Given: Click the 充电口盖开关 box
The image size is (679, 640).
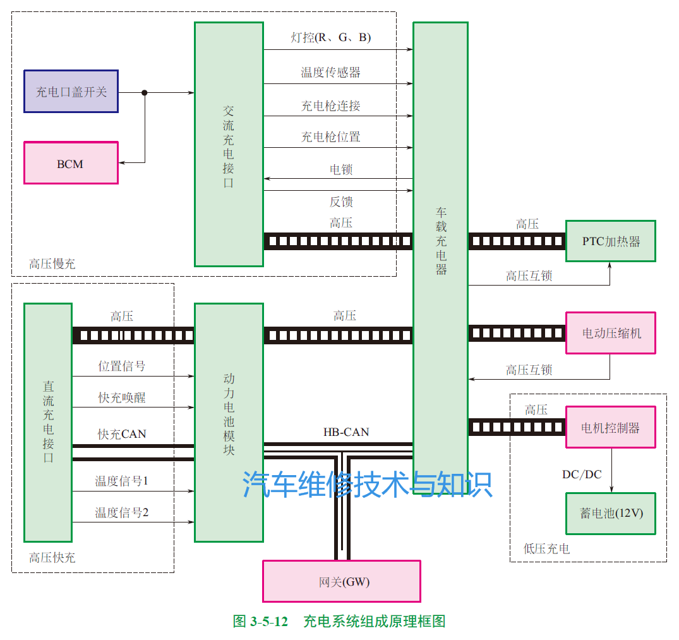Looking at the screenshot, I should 71,92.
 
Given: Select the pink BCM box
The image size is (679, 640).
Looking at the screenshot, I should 71,163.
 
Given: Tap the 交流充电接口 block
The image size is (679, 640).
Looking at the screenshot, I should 229,145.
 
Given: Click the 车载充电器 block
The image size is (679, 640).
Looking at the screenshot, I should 440,240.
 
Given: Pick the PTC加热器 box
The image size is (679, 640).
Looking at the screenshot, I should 610,241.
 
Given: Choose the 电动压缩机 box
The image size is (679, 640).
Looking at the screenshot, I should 610,333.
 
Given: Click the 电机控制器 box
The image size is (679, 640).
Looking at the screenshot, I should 610,427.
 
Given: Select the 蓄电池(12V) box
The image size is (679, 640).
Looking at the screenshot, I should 610,513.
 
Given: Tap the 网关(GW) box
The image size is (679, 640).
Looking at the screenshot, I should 341,581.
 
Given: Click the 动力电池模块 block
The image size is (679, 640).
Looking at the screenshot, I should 229,422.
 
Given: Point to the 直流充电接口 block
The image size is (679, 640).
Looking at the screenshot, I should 48,422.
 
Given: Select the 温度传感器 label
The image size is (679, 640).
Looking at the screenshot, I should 330,72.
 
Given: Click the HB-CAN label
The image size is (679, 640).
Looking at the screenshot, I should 346,432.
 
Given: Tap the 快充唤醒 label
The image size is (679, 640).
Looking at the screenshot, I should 122,397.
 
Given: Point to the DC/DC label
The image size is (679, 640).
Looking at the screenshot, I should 582,474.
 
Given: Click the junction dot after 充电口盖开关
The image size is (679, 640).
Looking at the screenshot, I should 145,92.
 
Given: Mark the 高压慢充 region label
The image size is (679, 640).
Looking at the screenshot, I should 52,264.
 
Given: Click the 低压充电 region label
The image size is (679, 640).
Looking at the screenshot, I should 546,549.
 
